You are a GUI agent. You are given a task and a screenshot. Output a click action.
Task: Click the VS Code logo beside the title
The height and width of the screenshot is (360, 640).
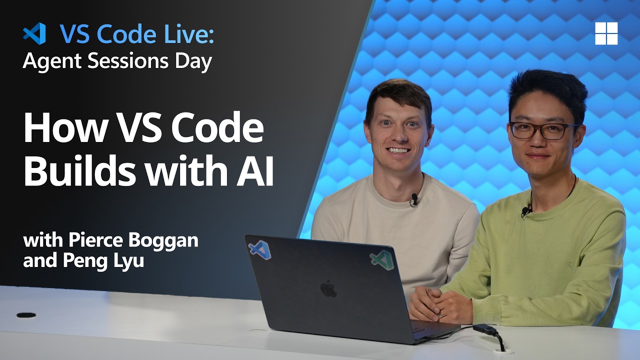point(34,34)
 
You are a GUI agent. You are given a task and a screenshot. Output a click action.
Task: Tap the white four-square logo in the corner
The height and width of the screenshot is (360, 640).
point(606,33)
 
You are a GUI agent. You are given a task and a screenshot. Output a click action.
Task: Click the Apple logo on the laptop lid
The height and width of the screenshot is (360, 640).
point(328,288)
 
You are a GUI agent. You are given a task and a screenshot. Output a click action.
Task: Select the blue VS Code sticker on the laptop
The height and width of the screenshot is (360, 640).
point(260,249)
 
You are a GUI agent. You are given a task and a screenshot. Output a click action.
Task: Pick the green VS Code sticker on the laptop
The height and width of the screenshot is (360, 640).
point(380,258)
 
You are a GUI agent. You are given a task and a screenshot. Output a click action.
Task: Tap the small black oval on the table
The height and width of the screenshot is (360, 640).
point(26,315)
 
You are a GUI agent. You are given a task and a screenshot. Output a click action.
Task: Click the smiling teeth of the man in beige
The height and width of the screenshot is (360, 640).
point(398,150)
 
